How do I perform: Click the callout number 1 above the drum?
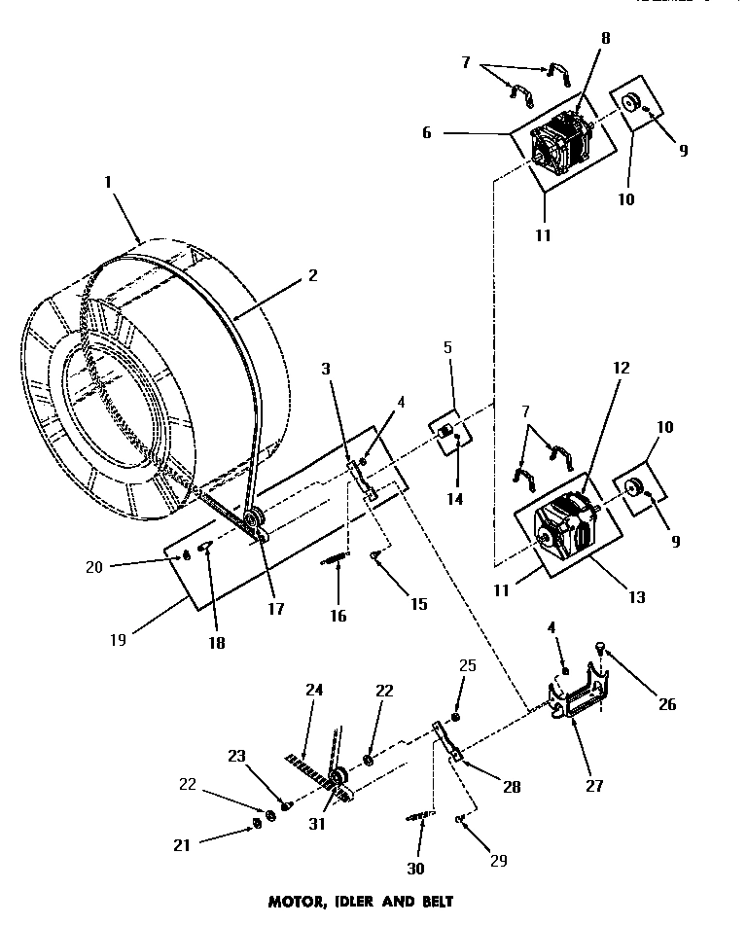[x=108, y=183]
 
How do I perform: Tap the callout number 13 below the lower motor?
[x=637, y=598]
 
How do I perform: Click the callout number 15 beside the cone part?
[x=417, y=604]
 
